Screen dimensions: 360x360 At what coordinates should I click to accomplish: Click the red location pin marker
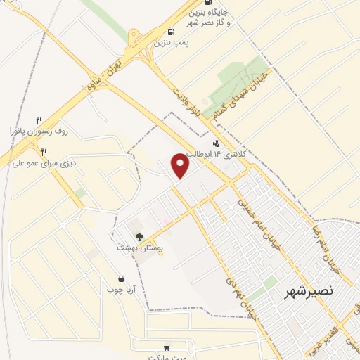click(x=181, y=166)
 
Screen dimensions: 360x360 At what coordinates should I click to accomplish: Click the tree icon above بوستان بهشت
click(x=138, y=237)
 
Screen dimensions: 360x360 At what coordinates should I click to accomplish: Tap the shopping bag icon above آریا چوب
click(x=121, y=278)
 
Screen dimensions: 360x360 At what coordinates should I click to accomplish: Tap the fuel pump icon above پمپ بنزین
click(x=172, y=32)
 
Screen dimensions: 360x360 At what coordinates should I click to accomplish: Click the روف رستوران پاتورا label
click(x=39, y=131)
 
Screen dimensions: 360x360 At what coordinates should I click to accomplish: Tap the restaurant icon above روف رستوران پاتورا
click(x=39, y=120)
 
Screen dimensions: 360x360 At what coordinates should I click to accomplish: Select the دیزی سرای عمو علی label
click(x=44, y=163)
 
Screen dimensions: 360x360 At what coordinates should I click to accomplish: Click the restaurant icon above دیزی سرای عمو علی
click(x=44, y=152)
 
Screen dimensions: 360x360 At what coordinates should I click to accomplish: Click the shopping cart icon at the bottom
click(x=167, y=347)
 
